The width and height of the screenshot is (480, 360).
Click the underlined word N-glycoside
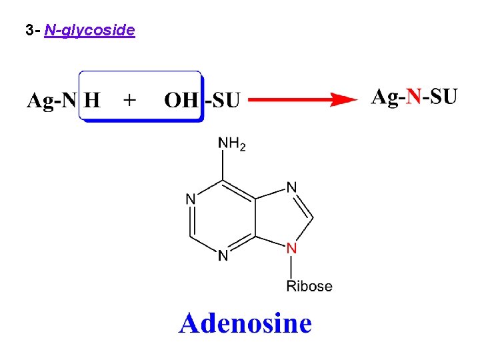click(x=89, y=30)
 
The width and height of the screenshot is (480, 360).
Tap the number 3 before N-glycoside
click(x=29, y=30)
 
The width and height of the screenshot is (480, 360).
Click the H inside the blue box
click(x=93, y=101)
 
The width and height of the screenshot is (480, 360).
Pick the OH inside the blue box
click(x=181, y=101)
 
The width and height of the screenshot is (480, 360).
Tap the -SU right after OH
click(x=221, y=101)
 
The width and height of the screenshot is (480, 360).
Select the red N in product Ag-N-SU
click(x=414, y=97)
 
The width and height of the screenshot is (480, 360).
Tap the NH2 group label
click(x=231, y=143)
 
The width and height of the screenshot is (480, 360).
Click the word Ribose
click(x=309, y=286)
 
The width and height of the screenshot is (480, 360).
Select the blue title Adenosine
click(x=245, y=323)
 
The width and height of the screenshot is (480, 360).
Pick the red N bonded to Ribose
click(x=291, y=248)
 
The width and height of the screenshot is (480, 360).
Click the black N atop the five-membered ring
click(x=291, y=187)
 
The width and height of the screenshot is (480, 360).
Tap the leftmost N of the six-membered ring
click(x=191, y=199)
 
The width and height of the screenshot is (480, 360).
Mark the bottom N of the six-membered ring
click(x=223, y=255)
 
